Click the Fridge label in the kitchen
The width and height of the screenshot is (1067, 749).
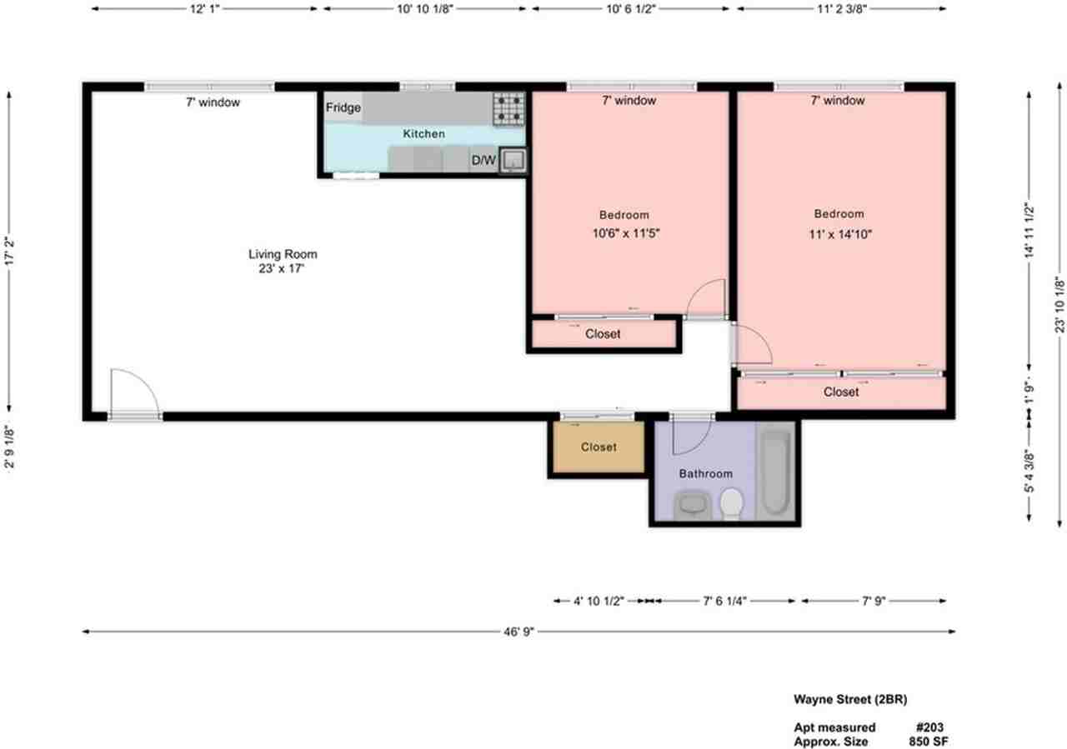pos(343,107)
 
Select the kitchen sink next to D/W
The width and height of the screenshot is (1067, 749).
pos(513,160)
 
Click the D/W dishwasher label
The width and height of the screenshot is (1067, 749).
pos(483,161)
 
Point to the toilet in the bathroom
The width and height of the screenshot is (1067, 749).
pos(731,503)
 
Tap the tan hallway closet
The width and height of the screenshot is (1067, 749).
pos(598,447)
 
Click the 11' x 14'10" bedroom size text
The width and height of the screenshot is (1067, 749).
pos(839,234)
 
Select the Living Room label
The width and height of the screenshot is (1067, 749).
pos(283,254)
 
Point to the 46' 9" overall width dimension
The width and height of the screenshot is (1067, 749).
pos(518,632)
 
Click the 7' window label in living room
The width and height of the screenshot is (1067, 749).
pos(213,102)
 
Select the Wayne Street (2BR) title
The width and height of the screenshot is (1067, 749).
pos(844,699)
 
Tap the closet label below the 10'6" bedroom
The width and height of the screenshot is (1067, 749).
pos(603,334)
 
